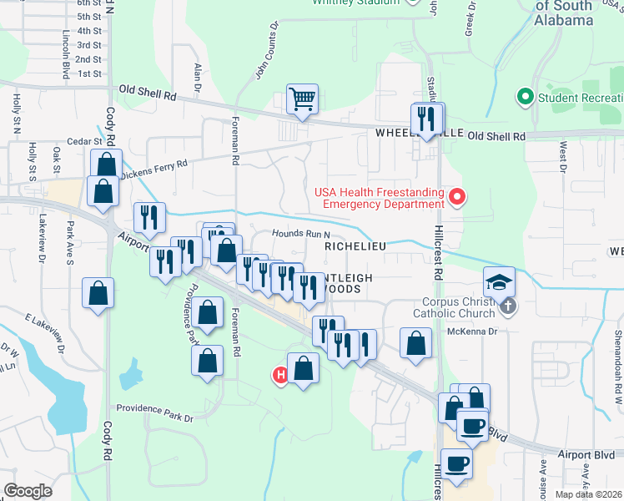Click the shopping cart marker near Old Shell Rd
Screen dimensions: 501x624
pyautogui.click(x=302, y=99)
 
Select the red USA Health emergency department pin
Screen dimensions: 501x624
pyautogui.click(x=457, y=198)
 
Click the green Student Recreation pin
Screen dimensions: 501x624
pyautogui.click(x=526, y=97)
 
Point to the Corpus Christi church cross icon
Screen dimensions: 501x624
pyautogui.click(x=507, y=306)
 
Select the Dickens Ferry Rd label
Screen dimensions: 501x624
pyautogui.click(x=155, y=170)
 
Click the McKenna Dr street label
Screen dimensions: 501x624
pyautogui.click(x=473, y=331)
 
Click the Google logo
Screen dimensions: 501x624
pyautogui.click(x=28, y=491)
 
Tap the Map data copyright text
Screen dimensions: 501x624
pyautogui.click(x=589, y=494)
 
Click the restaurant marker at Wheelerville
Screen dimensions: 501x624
pyautogui.click(x=428, y=119)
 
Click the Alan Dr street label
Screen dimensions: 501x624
pyautogui.click(x=199, y=76)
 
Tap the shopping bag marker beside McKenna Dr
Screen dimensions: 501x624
pyautogui.click(x=415, y=342)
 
